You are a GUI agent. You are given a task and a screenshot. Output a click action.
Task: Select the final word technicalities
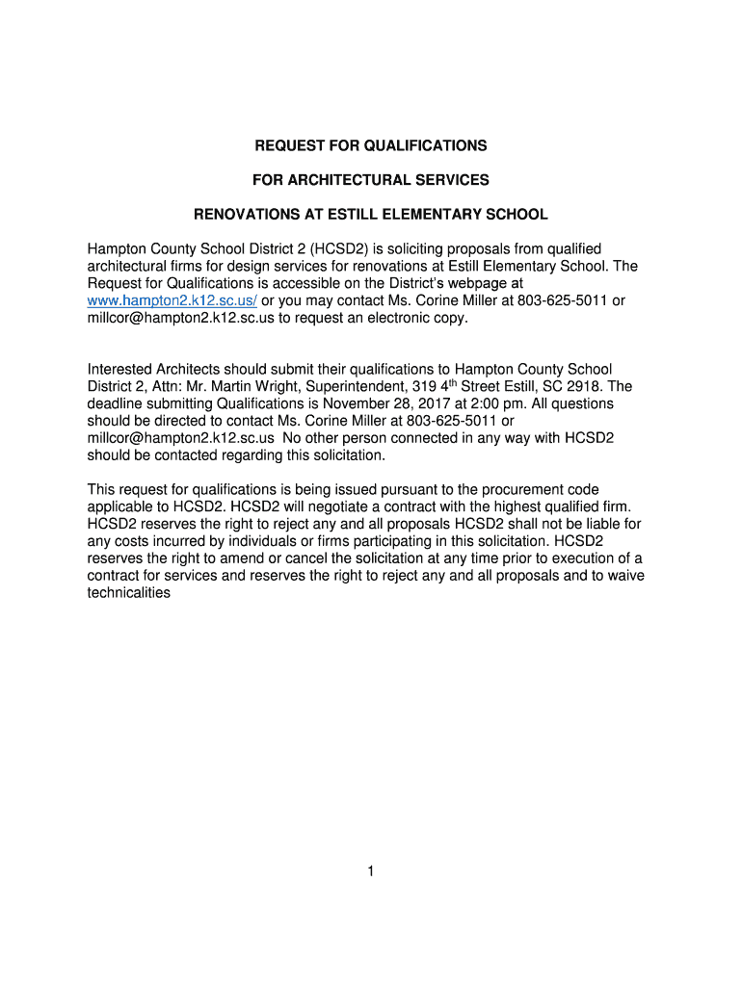(x=129, y=593)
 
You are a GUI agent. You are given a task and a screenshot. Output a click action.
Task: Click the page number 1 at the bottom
(x=371, y=871)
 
